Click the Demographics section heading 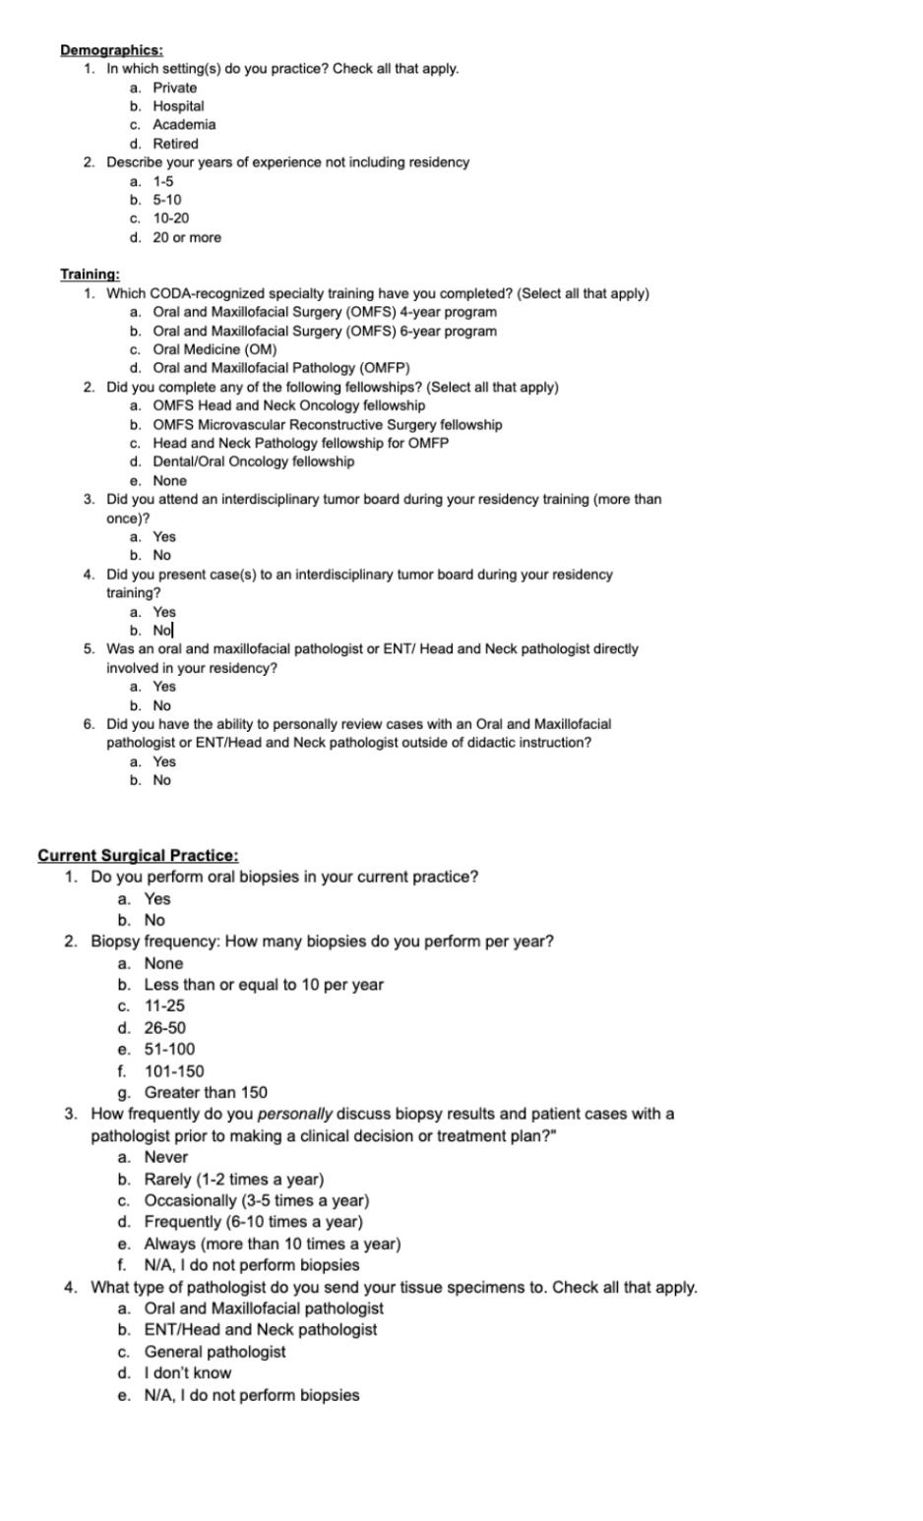click(111, 50)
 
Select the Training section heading click(90, 274)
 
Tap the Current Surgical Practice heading click(138, 855)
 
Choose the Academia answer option click(184, 125)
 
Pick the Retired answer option click(175, 144)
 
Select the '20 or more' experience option click(187, 237)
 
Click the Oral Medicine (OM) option click(215, 349)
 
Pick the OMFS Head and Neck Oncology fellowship click(289, 405)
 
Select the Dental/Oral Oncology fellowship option click(254, 461)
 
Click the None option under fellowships click(169, 481)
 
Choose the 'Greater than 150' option click(206, 1092)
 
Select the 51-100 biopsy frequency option click(169, 1049)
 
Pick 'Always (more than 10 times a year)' click(273, 1244)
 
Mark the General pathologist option click(215, 1351)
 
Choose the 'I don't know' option click(188, 1372)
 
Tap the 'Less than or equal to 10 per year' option click(264, 984)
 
